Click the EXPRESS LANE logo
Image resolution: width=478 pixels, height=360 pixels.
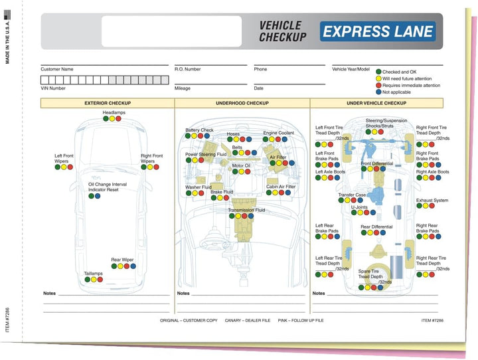pyautogui.click(x=377, y=31)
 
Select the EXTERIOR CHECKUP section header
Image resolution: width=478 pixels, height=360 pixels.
pyautogui.click(x=108, y=104)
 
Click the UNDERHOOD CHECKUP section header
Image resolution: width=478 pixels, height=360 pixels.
pyautogui.click(x=242, y=104)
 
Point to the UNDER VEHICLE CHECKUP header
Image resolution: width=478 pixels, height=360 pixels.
pyautogui.click(x=376, y=104)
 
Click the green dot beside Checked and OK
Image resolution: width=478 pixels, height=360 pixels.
pyautogui.click(x=379, y=71)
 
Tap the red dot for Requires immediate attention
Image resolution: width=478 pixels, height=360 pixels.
pyautogui.click(x=379, y=85)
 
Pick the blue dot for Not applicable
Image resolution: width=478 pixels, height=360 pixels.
pyautogui.click(x=379, y=92)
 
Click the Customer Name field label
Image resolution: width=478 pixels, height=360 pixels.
pyautogui.click(x=57, y=69)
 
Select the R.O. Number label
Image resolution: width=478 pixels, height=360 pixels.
pyautogui.click(x=187, y=69)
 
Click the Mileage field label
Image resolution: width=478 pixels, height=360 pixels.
pyautogui.click(x=183, y=88)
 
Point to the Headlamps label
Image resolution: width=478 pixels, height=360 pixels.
pyautogui.click(x=114, y=113)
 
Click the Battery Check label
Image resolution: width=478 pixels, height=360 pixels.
pyautogui.click(x=199, y=130)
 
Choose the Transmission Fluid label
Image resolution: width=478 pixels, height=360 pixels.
pyautogui.click(x=246, y=211)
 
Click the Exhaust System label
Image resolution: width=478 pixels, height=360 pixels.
pyautogui.click(x=432, y=201)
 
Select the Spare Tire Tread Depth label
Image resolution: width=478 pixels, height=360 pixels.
pyautogui.click(x=370, y=274)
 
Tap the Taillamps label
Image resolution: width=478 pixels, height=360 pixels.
pyautogui.click(x=93, y=274)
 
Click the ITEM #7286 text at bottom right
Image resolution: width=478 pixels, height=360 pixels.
pyautogui.click(x=435, y=320)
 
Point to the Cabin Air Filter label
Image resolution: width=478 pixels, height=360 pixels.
pyautogui.click(x=281, y=187)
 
